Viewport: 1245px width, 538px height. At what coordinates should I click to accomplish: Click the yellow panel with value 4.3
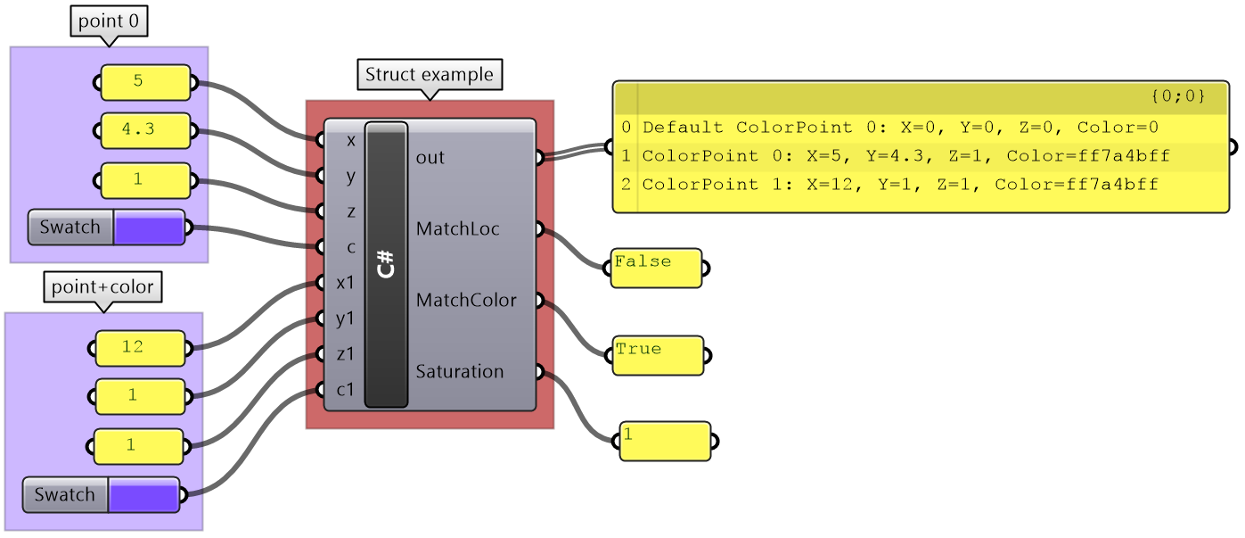click(145, 130)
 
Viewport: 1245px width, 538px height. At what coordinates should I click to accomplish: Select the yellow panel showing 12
click(140, 348)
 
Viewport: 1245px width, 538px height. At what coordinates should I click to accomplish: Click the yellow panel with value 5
click(145, 82)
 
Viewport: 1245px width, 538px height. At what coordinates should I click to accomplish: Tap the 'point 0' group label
click(109, 21)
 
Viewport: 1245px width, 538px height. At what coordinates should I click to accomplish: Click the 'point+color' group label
click(102, 287)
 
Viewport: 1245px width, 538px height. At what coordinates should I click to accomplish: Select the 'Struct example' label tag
click(430, 74)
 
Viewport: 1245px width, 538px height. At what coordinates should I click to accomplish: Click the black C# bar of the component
click(386, 265)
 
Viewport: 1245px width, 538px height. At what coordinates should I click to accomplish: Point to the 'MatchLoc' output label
click(456, 229)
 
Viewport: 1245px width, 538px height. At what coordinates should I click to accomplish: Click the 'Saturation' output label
click(459, 372)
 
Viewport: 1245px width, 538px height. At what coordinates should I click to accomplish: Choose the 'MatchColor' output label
click(465, 301)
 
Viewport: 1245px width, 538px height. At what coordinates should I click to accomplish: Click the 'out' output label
click(430, 158)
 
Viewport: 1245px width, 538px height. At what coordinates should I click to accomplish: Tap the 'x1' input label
click(345, 283)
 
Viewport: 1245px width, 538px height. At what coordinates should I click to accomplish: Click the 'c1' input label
click(345, 390)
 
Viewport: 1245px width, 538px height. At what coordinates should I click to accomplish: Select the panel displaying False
click(656, 268)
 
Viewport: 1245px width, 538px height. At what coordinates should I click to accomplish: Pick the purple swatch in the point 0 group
click(149, 228)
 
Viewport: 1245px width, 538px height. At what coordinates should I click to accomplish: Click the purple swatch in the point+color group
click(143, 494)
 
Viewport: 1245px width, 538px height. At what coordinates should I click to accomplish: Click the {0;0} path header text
click(1177, 95)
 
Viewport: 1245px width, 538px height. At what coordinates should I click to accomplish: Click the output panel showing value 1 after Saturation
click(665, 441)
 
